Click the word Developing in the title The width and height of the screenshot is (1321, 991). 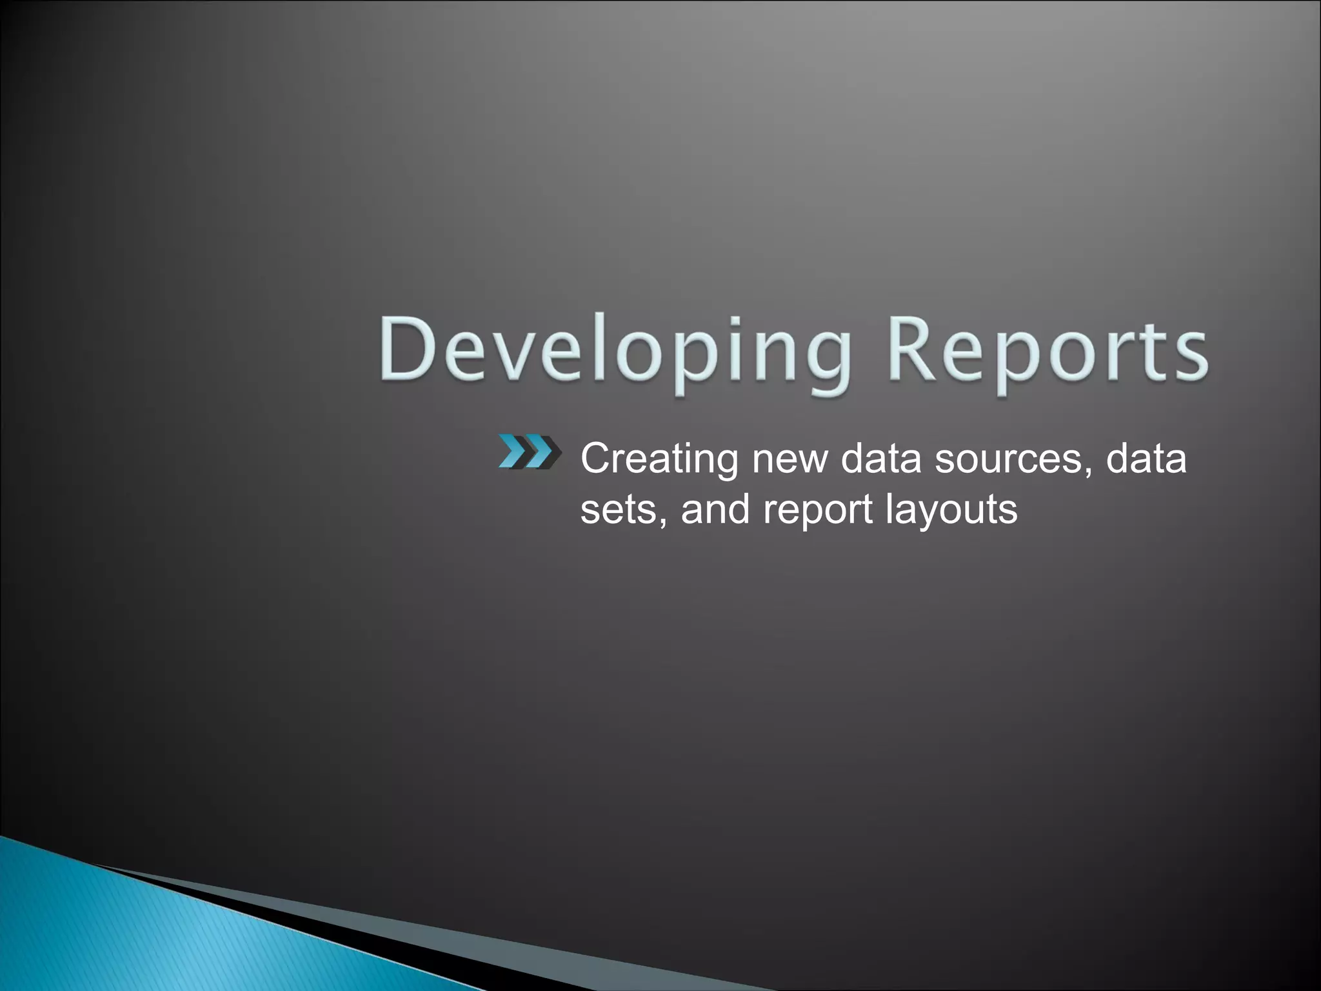click(x=613, y=352)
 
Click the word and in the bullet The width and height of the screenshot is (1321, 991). click(x=716, y=510)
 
